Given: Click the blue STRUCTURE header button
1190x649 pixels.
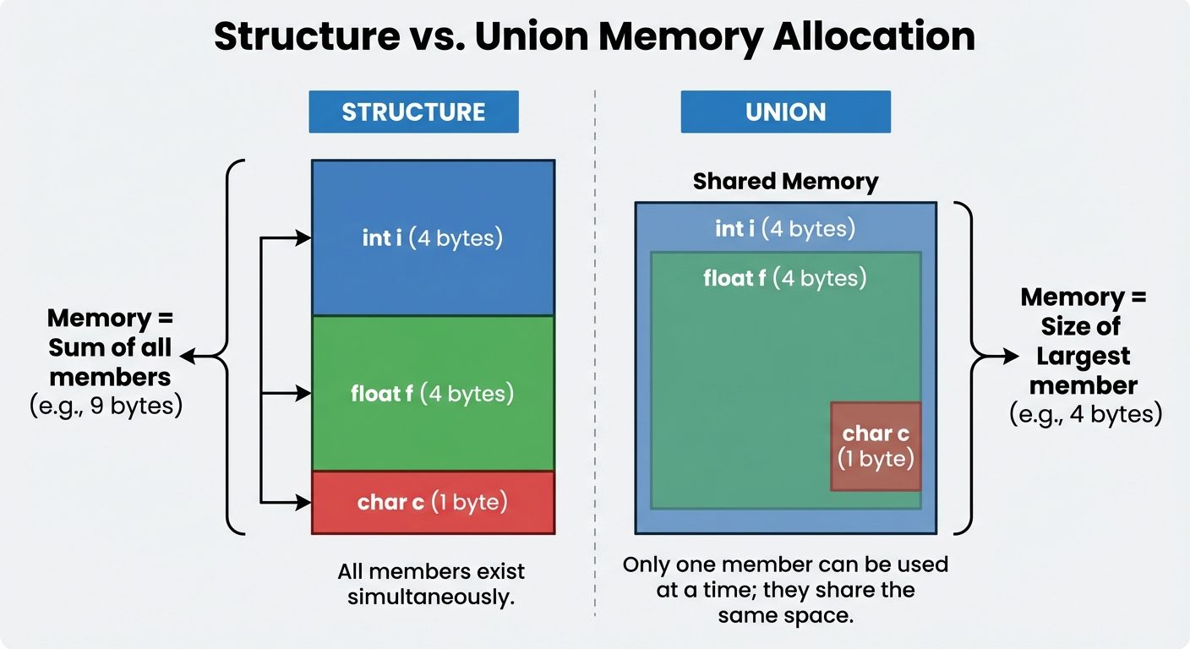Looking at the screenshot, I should coord(413,112).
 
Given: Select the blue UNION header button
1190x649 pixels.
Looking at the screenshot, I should coord(785,112).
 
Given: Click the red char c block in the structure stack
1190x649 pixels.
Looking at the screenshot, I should coord(433,502).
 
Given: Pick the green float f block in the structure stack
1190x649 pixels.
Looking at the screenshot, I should coord(433,393).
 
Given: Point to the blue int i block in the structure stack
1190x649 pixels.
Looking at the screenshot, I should coord(433,238).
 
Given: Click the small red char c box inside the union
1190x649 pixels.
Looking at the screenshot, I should coord(876,445).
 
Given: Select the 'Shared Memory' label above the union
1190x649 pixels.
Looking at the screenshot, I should coord(785,182).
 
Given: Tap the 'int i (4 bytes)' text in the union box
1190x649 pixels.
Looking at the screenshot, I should coord(785,228).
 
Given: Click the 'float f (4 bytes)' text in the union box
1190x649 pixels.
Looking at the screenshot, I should coord(785,278).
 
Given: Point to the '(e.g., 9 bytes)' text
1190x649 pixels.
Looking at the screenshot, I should coord(106,406).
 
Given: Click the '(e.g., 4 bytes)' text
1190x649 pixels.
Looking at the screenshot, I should coord(1085,415).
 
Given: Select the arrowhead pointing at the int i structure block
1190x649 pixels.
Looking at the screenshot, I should coord(304,239).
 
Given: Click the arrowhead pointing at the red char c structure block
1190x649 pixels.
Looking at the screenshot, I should coord(304,503).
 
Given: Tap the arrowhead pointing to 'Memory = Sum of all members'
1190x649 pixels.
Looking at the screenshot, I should coord(186,357).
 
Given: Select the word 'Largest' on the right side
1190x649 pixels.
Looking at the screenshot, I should coord(1084,356).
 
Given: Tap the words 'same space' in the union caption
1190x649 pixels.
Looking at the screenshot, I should coord(785,615).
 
